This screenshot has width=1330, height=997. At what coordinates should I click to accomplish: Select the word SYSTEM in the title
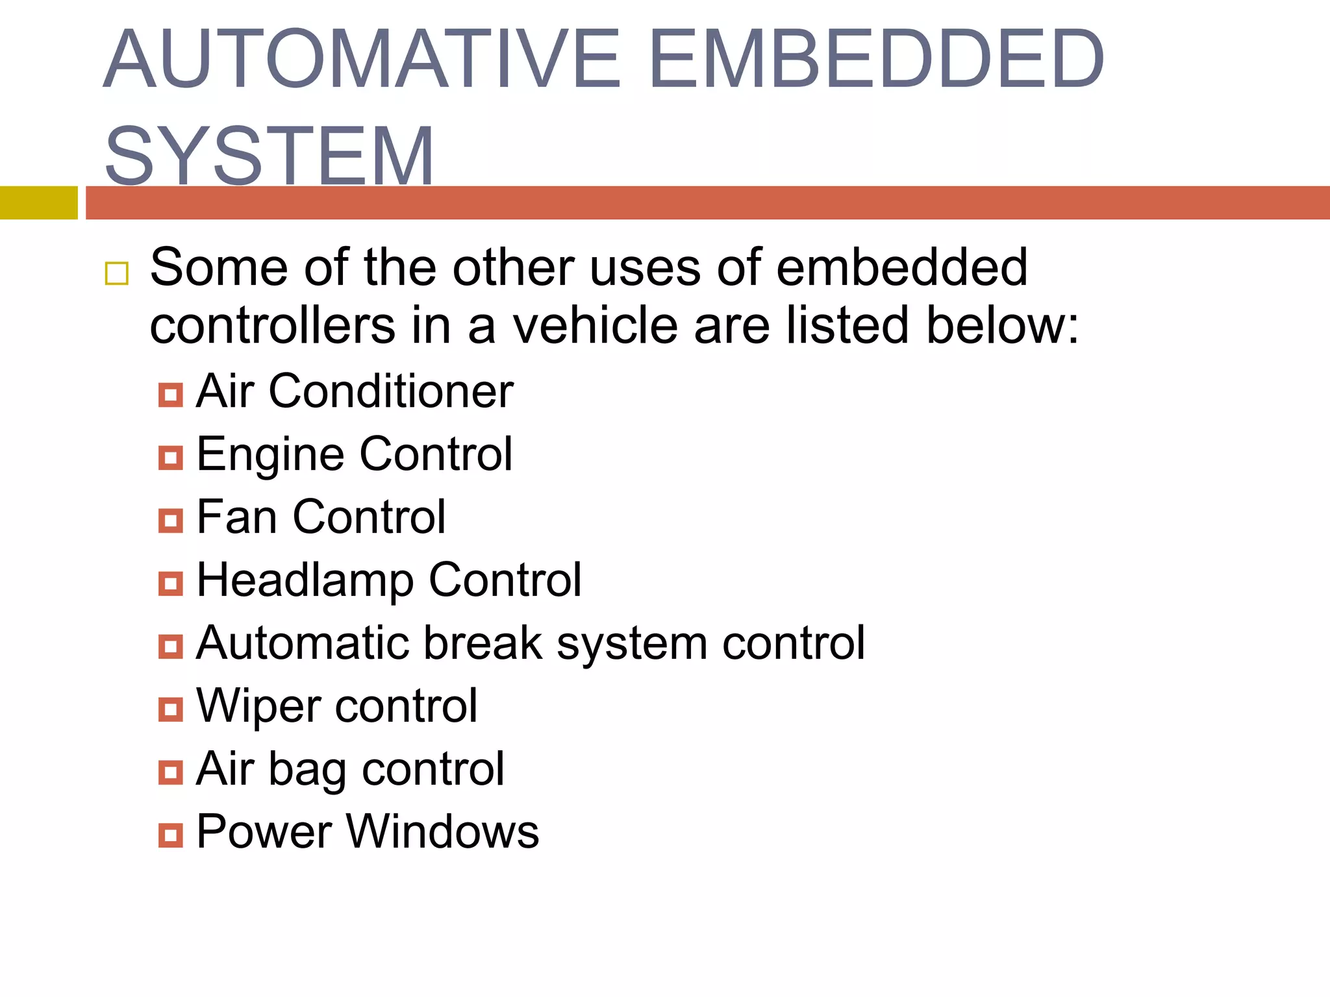pos(270,156)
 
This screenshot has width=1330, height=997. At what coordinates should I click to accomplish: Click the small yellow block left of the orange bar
pos(38,203)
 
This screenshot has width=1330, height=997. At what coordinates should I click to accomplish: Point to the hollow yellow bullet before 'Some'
pos(117,274)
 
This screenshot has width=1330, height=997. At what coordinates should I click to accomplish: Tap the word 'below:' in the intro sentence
pos(1003,325)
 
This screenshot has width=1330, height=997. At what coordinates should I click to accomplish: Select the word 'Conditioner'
pos(391,391)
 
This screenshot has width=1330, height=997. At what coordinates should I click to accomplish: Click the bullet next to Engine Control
pos(171,458)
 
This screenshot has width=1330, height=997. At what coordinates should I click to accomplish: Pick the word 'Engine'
pos(270,455)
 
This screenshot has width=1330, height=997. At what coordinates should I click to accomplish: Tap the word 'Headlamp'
pos(305,580)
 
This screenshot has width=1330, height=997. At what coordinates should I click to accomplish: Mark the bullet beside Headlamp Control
pos(171,584)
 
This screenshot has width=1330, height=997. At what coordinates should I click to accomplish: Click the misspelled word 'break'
pos(484,643)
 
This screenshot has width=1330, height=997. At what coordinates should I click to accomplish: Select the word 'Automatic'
pos(303,643)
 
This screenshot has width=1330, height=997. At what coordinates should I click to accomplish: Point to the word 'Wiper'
pos(258,706)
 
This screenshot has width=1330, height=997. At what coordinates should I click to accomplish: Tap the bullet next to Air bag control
pos(171,772)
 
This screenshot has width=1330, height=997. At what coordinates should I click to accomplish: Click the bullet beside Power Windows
pos(171,835)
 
